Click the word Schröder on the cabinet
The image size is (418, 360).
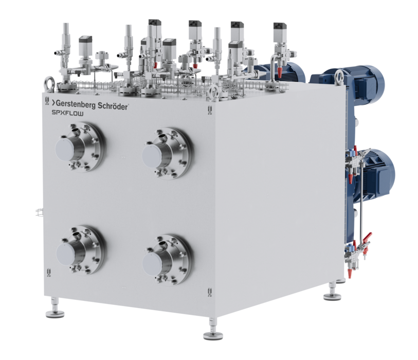113,106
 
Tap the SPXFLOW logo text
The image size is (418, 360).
67,113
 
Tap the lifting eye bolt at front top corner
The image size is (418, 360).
214,92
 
